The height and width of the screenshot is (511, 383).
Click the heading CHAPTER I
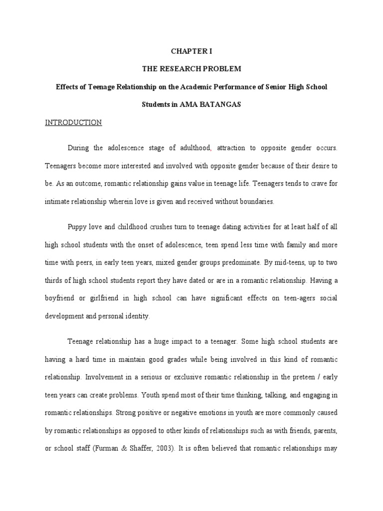click(x=191, y=51)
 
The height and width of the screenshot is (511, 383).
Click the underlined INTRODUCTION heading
click(x=73, y=123)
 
